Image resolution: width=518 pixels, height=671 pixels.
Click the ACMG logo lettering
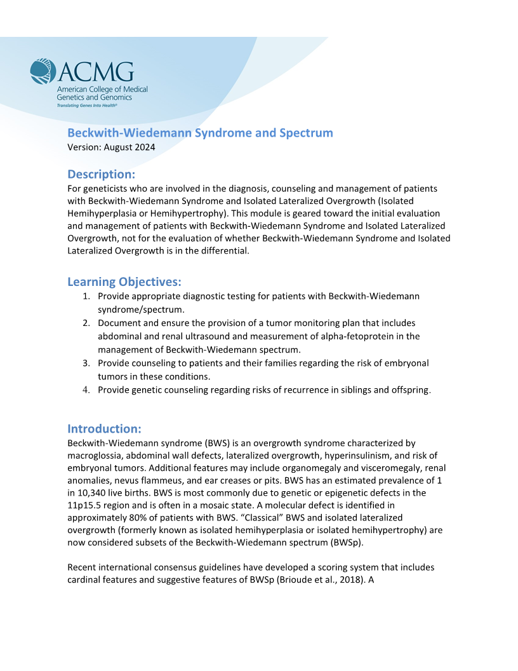click(x=96, y=71)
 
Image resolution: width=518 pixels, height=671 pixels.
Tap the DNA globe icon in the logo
click(x=43, y=71)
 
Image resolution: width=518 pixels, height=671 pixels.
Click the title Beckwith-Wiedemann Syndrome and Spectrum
click(x=200, y=133)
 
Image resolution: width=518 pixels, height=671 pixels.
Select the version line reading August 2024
click(x=111, y=147)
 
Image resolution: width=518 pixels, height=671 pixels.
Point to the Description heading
click(x=102, y=174)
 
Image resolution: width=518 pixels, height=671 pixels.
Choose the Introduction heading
click(x=104, y=428)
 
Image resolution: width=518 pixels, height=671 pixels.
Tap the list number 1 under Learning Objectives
click(x=86, y=296)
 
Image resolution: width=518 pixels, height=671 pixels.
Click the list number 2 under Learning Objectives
click(x=86, y=323)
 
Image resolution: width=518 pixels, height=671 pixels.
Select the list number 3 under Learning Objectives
click(x=86, y=363)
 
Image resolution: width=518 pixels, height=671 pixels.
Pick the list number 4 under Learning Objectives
click(x=86, y=390)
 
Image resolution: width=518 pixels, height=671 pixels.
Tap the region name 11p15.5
click(x=85, y=505)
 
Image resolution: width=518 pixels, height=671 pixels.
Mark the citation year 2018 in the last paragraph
click(x=342, y=579)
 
